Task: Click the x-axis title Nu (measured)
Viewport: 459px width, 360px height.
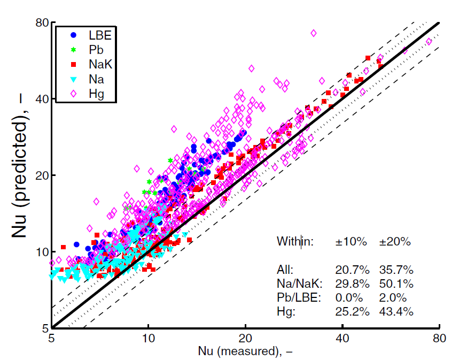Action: point(245,351)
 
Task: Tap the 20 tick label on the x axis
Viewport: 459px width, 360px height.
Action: point(245,338)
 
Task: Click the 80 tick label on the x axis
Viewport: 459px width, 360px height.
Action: point(439,338)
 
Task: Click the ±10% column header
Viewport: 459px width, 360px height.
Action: point(351,242)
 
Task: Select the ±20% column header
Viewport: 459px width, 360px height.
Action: point(395,242)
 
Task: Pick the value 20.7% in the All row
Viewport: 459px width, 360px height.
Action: point(351,271)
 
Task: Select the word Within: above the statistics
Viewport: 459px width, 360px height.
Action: point(295,242)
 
